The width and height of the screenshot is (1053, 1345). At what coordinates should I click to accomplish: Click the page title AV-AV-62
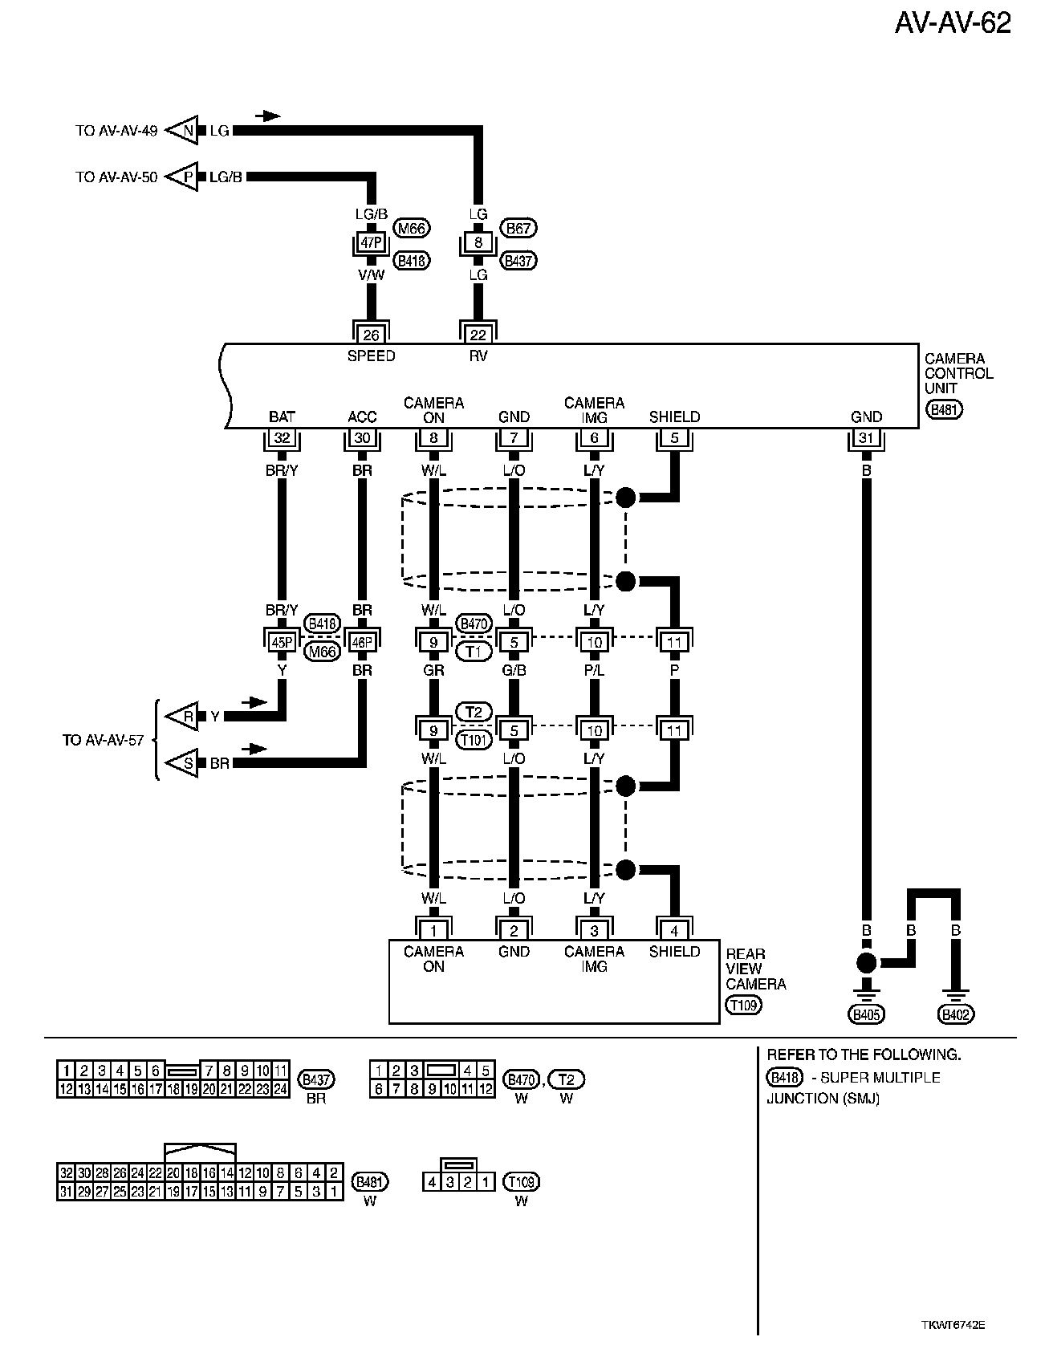[953, 24]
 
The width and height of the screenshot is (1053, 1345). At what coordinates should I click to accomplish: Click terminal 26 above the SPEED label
[371, 335]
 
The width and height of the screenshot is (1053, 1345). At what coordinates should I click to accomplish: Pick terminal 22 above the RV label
[478, 335]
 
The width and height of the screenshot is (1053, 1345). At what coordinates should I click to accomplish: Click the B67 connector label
[518, 229]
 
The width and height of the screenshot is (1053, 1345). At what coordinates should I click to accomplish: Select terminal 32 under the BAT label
[282, 438]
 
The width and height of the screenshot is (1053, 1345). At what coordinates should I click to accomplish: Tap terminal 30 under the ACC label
[362, 438]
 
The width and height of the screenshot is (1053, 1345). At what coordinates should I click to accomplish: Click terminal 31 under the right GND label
[866, 438]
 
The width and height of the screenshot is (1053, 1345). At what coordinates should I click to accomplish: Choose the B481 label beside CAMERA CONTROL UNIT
[944, 409]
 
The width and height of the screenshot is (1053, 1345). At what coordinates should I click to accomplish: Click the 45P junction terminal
[282, 642]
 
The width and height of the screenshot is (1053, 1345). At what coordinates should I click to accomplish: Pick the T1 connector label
[474, 651]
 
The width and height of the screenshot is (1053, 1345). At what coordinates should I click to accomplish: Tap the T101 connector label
[474, 739]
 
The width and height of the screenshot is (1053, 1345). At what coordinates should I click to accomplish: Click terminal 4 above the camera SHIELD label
[674, 931]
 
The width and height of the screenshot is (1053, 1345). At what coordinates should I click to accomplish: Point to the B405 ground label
[867, 1015]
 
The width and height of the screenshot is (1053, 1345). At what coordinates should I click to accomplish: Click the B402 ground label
[955, 1015]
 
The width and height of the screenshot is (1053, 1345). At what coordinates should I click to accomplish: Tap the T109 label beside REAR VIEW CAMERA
[743, 1004]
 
